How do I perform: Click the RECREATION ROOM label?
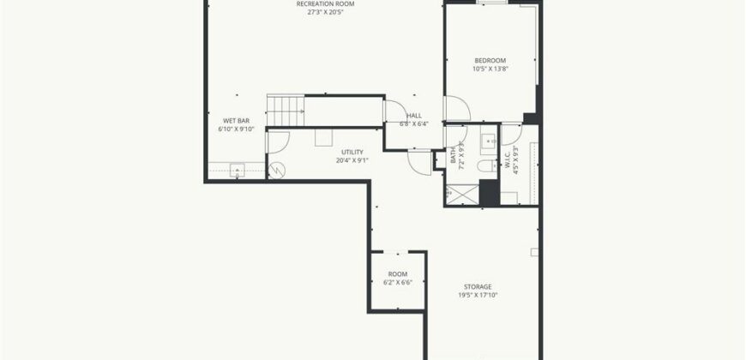[x=326, y=3]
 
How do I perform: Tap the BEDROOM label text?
[x=490, y=60]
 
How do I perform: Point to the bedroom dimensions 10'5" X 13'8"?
[x=490, y=69]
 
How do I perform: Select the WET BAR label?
[x=237, y=121]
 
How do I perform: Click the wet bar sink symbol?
[x=237, y=170]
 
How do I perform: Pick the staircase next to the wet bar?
[x=286, y=111]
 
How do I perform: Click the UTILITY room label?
[x=352, y=153]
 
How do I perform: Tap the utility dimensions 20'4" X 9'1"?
[x=352, y=161]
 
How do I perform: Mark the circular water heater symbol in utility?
[x=276, y=170]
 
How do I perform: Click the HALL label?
[x=414, y=116]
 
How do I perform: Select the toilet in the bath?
[x=487, y=165]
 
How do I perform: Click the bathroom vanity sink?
[x=488, y=141]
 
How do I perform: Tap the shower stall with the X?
[x=462, y=195]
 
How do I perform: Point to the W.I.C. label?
[x=507, y=161]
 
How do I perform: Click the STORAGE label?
[x=478, y=287]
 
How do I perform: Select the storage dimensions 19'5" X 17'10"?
[x=478, y=296]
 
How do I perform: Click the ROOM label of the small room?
[x=398, y=274]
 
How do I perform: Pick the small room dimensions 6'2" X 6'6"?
[x=398, y=283]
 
